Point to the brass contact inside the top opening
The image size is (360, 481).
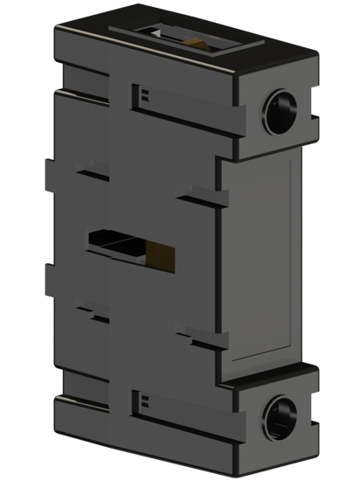pyautogui.click(x=194, y=40)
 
